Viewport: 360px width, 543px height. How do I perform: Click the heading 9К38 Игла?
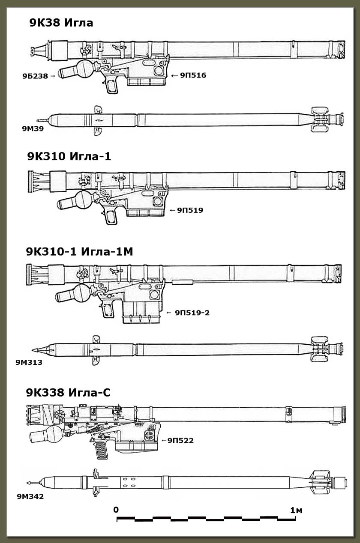pyautogui.click(x=61, y=23)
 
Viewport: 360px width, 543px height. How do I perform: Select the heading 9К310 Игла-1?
pyautogui.click(x=69, y=156)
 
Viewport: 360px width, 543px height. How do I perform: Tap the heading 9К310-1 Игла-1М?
pyautogui.click(x=79, y=252)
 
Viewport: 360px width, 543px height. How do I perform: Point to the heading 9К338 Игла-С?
pyautogui.click(x=68, y=392)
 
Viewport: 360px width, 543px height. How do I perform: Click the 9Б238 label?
pyautogui.click(x=35, y=76)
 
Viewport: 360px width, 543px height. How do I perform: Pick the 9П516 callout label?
pyautogui.click(x=193, y=75)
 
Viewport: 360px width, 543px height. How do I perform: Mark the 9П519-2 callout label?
pyautogui.click(x=192, y=313)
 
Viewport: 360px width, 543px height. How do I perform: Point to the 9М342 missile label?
pyautogui.click(x=30, y=497)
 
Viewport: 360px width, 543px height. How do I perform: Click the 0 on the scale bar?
pyautogui.click(x=116, y=510)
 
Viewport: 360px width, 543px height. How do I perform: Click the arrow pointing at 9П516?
pyautogui.click(x=174, y=75)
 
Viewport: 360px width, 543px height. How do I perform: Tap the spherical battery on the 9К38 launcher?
pyautogui.click(x=81, y=69)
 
